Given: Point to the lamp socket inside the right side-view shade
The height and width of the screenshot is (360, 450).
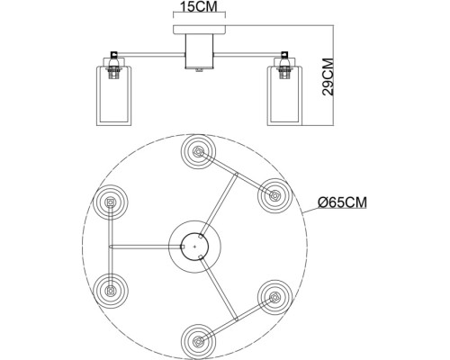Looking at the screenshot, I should pyautogui.click(x=284, y=70).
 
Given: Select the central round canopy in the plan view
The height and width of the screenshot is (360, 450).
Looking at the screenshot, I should pyautogui.click(x=195, y=244).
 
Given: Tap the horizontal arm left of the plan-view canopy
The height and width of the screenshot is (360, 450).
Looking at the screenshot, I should pyautogui.click(x=140, y=245).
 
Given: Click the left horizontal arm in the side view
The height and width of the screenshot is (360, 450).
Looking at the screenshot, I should pyautogui.click(x=148, y=50).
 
